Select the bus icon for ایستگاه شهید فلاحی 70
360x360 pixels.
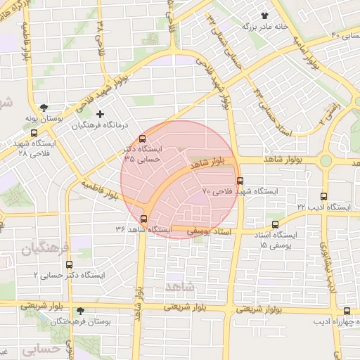(240, 181)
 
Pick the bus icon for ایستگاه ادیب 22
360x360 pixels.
(323, 197)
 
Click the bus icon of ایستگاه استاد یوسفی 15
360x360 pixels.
(275, 224)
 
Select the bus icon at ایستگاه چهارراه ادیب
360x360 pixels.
(347, 311)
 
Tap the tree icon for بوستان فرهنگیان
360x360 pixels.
(80, 310)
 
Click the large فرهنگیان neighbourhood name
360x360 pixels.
(46, 249)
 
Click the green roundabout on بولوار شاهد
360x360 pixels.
(326, 160)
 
